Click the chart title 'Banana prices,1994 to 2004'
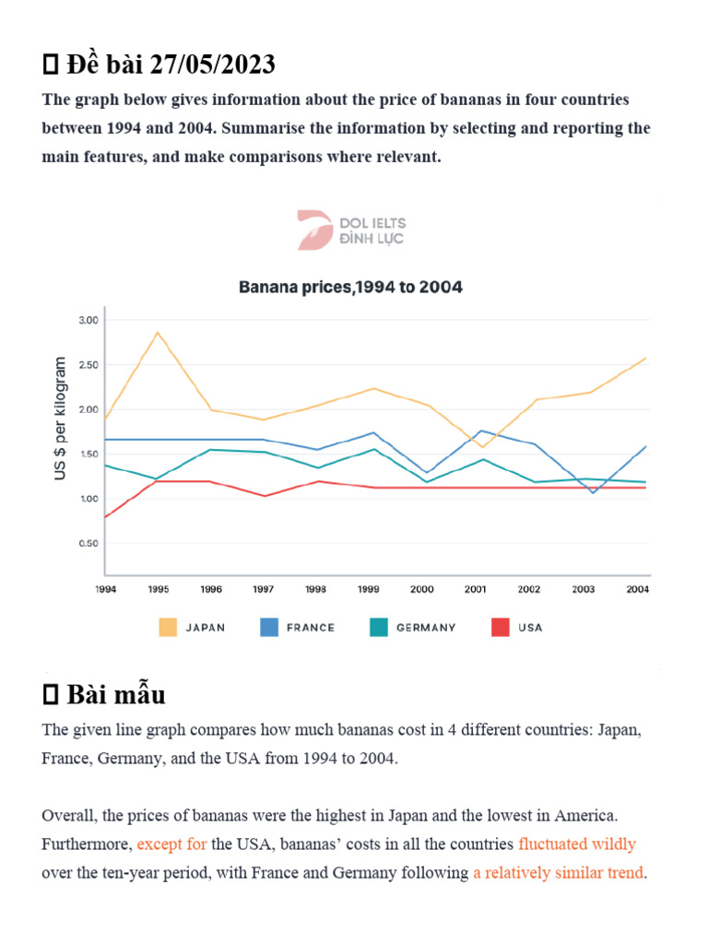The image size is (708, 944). point(350,287)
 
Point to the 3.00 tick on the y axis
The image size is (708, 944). point(88,320)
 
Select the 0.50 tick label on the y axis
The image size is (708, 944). point(88,544)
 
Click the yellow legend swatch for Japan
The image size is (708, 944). point(168,628)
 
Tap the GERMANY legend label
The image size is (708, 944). point(426,628)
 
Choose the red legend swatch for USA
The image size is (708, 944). point(497,628)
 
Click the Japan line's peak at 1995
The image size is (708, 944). point(158,332)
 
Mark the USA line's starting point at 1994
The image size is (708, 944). point(105,518)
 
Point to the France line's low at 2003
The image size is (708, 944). point(593,492)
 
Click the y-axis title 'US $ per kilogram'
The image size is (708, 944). point(62,418)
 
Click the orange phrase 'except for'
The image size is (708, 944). point(171,844)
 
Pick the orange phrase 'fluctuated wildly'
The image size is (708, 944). point(577,844)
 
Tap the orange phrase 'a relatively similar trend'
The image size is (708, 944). point(559,872)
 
